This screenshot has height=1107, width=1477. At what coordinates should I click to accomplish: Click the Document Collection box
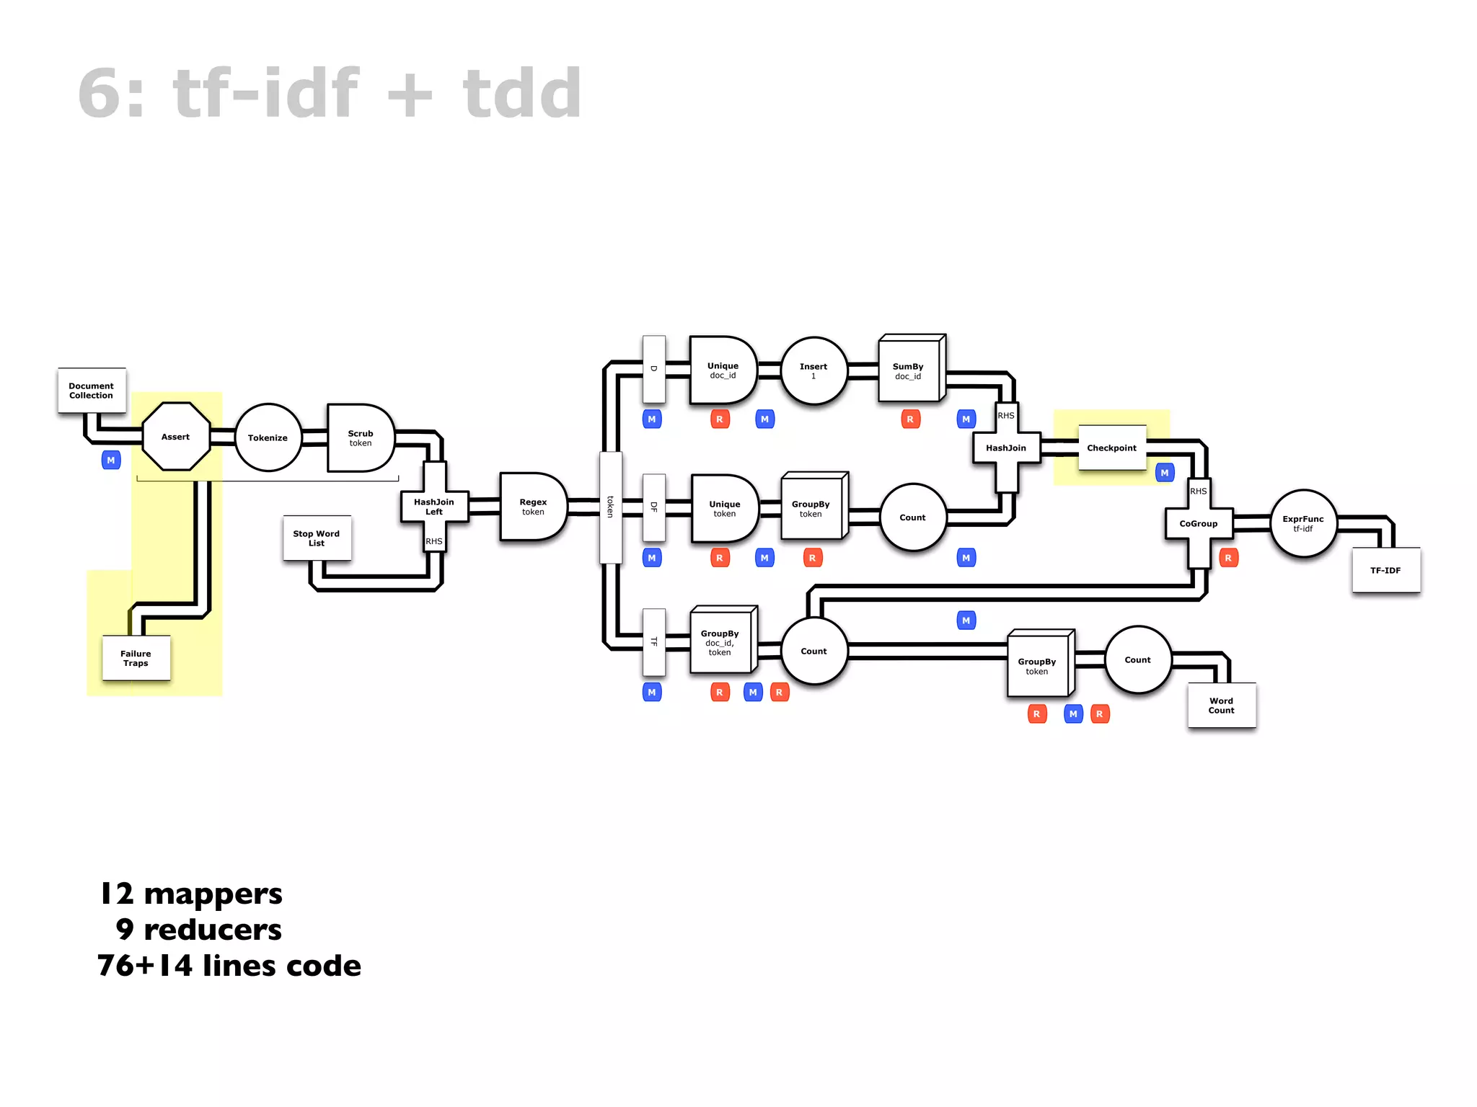[92, 391]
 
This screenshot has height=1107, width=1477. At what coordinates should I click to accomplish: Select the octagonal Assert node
[176, 437]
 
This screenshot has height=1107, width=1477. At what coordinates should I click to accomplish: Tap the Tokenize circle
[268, 437]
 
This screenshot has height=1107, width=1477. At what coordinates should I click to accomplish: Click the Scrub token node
[360, 438]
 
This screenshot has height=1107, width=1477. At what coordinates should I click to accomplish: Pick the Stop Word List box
[317, 538]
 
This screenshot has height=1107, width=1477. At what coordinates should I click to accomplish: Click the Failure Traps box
[136, 658]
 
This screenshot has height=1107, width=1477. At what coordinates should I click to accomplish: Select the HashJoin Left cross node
[434, 507]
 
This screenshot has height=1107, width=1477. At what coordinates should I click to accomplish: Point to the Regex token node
[533, 507]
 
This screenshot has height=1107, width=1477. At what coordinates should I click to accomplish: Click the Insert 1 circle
[814, 371]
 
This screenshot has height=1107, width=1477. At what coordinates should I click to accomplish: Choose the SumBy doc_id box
[909, 370]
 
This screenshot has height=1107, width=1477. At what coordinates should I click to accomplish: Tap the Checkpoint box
[1111, 448]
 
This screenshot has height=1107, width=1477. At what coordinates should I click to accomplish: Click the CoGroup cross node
[1199, 524]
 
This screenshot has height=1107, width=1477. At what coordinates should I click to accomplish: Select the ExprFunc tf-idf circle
[1302, 523]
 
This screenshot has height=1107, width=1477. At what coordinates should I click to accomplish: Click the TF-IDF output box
[1385, 570]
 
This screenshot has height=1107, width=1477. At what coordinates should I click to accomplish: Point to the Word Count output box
[1221, 705]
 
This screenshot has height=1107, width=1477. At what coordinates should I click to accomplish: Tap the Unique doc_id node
[723, 370]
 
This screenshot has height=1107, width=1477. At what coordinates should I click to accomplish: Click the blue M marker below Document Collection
[111, 461]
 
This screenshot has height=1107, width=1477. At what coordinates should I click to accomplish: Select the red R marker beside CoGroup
[1228, 558]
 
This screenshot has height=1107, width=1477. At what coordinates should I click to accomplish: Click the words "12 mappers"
[191, 894]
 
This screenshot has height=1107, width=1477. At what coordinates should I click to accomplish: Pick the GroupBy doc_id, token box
[720, 642]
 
